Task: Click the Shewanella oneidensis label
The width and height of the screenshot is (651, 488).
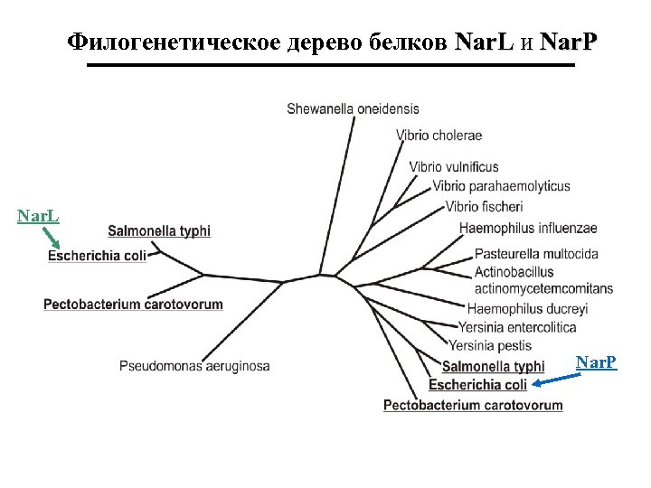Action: [353, 109]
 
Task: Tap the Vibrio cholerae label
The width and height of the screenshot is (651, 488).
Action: [439, 136]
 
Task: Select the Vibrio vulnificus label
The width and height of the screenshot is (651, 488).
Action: [454, 167]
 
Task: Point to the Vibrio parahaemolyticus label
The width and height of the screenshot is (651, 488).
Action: [501, 186]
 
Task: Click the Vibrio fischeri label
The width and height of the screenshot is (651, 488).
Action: [484, 207]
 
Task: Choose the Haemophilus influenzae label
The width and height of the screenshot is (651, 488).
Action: [528, 227]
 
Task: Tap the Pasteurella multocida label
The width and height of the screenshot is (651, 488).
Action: [536, 254]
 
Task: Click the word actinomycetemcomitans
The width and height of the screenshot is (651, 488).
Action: [543, 289]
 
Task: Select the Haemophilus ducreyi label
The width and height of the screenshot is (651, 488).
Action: [527, 309]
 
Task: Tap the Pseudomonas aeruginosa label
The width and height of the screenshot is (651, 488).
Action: [194, 366]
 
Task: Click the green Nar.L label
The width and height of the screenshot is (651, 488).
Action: [39, 216]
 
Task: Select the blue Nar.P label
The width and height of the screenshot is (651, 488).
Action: [597, 363]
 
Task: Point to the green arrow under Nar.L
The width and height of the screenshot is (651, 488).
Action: [52, 238]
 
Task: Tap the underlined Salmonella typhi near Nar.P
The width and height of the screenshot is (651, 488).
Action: [493, 366]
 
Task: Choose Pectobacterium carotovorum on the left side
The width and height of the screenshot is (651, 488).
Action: [133, 305]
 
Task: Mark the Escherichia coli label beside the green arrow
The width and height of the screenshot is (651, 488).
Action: [97, 256]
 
